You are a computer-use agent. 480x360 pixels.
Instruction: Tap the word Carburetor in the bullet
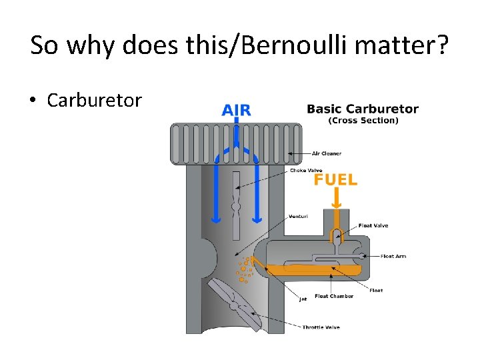(x=94, y=101)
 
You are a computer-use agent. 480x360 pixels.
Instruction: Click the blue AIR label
(x=236, y=110)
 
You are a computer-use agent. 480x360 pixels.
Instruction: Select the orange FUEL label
(x=335, y=179)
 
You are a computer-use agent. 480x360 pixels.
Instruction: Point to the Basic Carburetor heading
(x=363, y=109)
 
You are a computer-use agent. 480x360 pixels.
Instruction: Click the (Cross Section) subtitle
(x=363, y=121)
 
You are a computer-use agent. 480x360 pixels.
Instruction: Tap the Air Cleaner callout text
(x=327, y=153)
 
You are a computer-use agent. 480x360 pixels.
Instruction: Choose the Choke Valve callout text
(x=306, y=170)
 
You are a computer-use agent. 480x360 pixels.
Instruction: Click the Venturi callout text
(x=298, y=216)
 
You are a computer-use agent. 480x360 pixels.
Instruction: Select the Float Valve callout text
(x=373, y=225)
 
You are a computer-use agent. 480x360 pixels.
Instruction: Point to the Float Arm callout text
(x=393, y=256)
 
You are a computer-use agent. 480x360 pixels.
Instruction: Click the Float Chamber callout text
(x=334, y=296)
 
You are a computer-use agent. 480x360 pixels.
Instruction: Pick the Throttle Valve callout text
(x=321, y=327)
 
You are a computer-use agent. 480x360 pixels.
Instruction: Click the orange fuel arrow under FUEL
(x=337, y=197)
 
